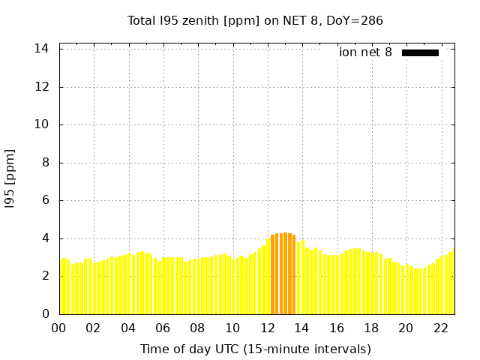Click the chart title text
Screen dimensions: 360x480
tap(255, 20)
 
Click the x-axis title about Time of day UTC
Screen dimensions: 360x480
tap(255, 349)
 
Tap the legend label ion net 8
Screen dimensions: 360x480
tap(365, 52)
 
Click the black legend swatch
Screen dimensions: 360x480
tap(420, 52)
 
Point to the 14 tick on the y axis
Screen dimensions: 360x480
tap(43, 49)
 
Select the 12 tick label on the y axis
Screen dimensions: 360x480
tap(43, 87)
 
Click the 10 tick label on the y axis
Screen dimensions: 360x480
tap(43, 124)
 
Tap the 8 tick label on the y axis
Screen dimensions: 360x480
tap(46, 163)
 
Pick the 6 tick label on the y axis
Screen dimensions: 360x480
tap(46, 201)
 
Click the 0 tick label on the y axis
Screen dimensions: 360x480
tap(46, 314)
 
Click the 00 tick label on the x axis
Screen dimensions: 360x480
tap(59, 328)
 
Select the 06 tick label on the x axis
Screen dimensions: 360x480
tap(163, 328)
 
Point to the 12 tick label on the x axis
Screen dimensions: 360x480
tap(267, 328)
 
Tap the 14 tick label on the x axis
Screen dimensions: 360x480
tap(301, 328)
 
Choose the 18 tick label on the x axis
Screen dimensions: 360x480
tap(371, 328)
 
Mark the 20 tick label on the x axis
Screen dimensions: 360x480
tap(406, 328)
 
